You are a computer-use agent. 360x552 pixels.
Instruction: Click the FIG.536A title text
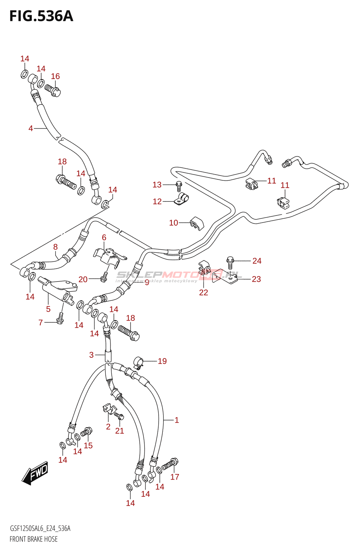pos(41,16)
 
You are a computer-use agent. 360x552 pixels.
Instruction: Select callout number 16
pos(55,76)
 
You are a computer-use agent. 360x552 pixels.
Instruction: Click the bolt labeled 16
pos(52,90)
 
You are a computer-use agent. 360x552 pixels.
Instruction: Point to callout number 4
pos(31,128)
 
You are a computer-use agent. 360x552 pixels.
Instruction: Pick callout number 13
pos(157,185)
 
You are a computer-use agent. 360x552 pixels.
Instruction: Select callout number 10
pos(173,223)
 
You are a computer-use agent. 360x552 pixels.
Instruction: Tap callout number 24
pos(257,261)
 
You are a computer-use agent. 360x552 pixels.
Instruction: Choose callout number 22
pos(203,293)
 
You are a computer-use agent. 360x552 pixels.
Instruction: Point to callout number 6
pos(104,237)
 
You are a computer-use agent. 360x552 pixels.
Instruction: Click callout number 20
pos(83,279)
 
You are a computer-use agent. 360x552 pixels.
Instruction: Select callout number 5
pos(48,309)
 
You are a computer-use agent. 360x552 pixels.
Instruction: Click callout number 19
pos(162,361)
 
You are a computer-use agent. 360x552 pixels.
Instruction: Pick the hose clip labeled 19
pos(138,363)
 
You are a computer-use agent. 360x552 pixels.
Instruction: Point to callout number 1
pos(177,420)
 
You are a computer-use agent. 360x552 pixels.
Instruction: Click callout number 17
pos(175,477)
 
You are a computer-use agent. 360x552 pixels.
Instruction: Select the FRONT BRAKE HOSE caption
pos(33,539)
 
